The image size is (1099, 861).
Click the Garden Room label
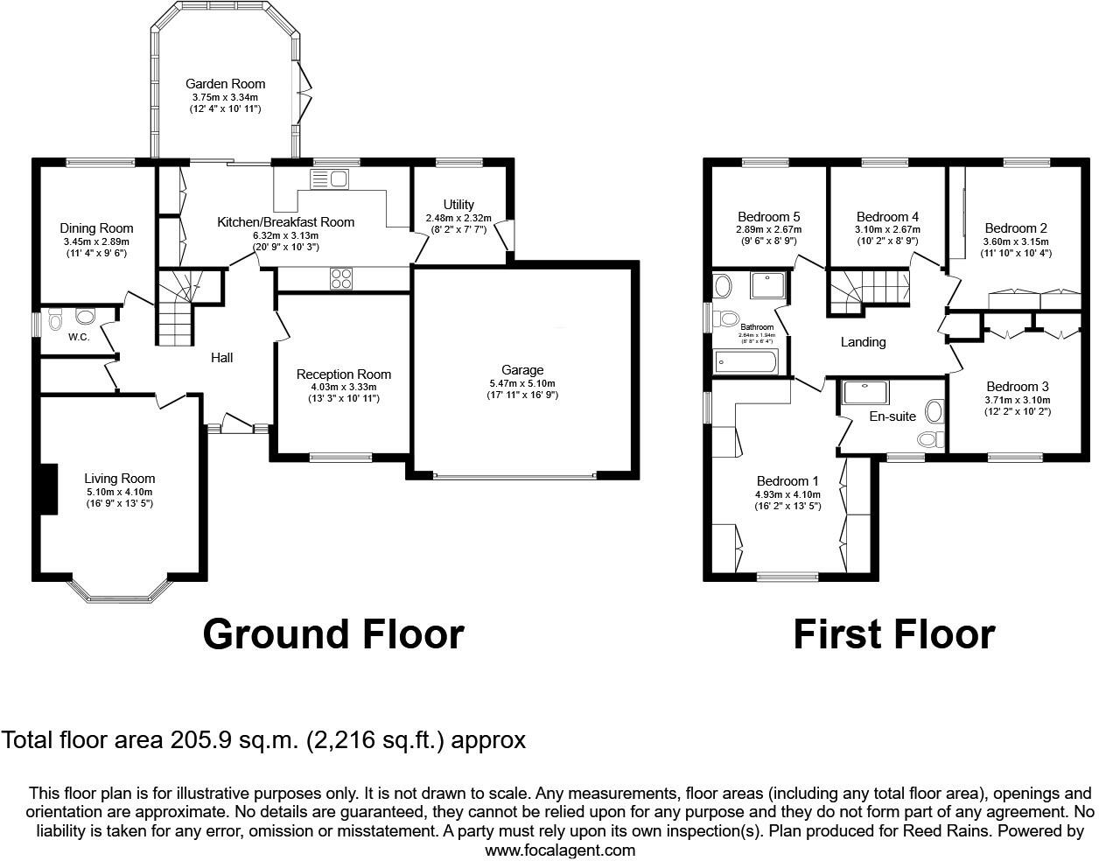(225, 84)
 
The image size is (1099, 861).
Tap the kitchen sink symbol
(329, 179)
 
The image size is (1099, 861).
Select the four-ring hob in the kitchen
(341, 279)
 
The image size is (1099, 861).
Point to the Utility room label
(458, 205)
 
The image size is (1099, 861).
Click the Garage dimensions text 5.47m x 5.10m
(522, 383)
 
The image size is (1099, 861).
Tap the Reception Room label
(343, 374)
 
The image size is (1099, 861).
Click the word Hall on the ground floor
(222, 357)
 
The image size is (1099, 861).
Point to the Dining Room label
(96, 228)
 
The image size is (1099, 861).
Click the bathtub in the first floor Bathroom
(745, 361)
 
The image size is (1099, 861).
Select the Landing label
(863, 342)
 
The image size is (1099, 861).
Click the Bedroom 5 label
(768, 217)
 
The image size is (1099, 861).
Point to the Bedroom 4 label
(887, 217)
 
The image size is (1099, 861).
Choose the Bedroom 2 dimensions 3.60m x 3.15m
(1015, 241)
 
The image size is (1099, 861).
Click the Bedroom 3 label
(1017, 387)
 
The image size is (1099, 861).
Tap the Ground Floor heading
(332, 634)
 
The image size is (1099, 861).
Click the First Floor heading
(893, 634)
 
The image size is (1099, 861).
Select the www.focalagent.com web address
(560, 850)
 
